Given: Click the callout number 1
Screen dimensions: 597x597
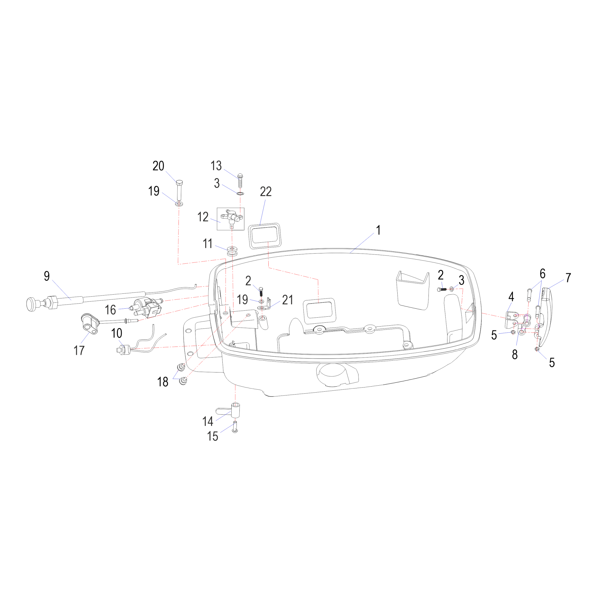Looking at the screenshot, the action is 378,230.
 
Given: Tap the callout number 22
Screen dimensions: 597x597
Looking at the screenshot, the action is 266,192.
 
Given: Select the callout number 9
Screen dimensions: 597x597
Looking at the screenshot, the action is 47,276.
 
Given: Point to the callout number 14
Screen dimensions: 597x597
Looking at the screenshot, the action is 208,421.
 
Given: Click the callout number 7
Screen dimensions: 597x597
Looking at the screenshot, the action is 568,278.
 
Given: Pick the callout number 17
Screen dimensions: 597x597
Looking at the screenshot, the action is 79,350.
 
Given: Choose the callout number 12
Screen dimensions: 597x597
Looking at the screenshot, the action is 203,217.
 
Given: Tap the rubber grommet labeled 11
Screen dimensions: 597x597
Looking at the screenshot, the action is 232,251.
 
